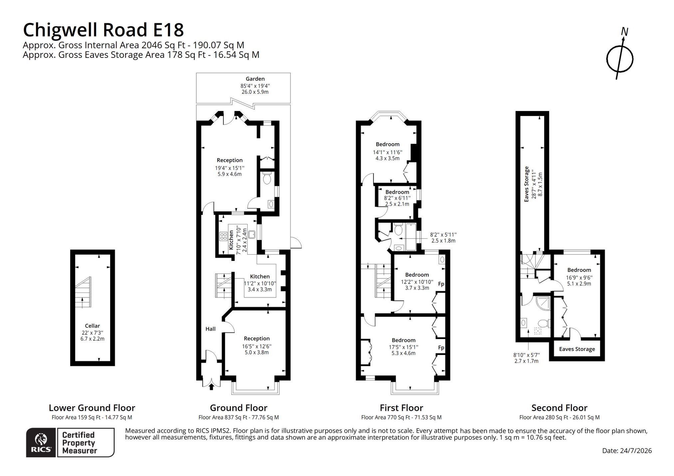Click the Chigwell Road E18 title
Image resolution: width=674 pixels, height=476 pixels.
[103, 30]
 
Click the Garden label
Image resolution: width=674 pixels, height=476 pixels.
[255, 79]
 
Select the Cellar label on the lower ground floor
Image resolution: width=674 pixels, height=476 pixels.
[92, 326]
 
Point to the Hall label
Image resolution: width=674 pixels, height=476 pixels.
[210, 329]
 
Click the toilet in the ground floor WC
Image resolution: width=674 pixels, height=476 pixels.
[267, 178]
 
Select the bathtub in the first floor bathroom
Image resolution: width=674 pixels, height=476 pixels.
[410, 237]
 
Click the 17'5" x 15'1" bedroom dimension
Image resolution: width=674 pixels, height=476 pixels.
[403, 347]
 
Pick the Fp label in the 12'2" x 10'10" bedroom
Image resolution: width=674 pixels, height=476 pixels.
[441, 284]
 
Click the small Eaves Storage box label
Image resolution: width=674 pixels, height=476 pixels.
[577, 349]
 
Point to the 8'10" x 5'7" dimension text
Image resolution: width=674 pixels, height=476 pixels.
[527, 355]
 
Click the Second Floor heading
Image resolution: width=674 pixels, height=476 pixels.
[559, 408]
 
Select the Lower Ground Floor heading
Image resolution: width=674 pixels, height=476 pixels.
[92, 408]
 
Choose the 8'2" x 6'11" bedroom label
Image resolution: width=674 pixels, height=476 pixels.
[397, 198]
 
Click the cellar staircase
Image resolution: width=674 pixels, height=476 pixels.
[83, 293]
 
